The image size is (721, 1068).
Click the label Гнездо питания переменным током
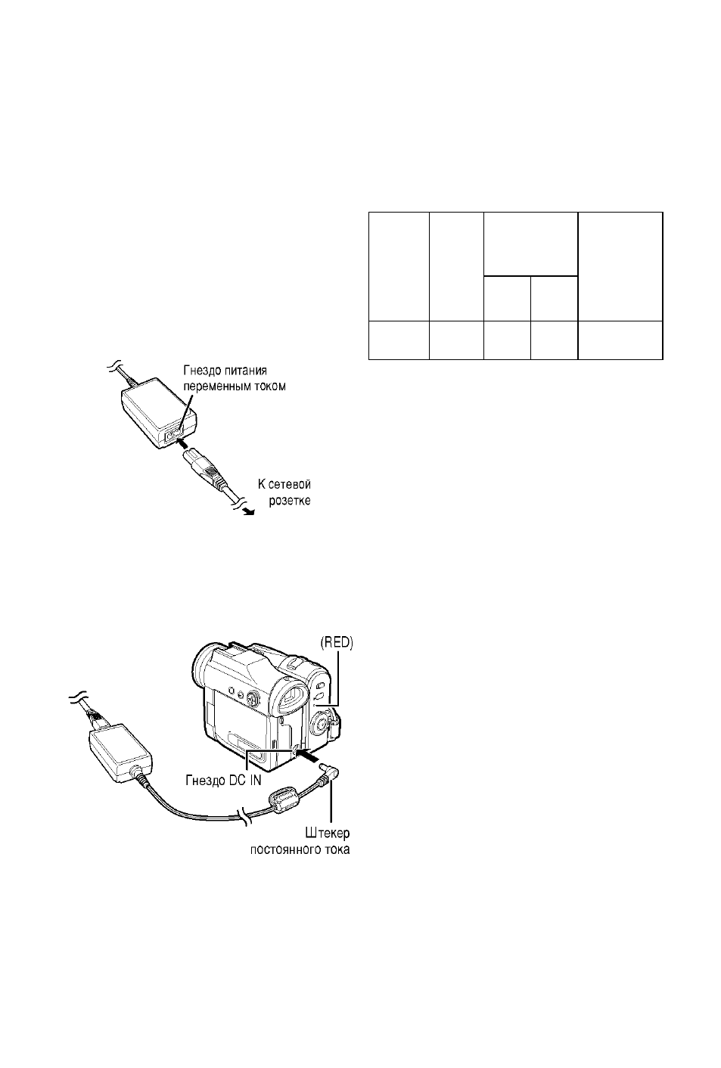click(235, 379)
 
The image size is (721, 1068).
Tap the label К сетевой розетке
click(284, 493)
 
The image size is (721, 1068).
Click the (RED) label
click(336, 644)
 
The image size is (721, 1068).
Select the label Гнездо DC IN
click(223, 781)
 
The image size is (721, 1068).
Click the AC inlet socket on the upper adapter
click(173, 433)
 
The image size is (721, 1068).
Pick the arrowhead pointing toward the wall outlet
click(249, 511)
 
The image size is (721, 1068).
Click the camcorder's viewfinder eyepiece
click(291, 700)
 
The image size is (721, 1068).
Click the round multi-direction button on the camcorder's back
click(252, 700)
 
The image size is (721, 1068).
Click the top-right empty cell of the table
click(620, 266)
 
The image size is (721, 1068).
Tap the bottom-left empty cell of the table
click(399, 340)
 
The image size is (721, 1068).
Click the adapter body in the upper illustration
click(158, 414)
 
